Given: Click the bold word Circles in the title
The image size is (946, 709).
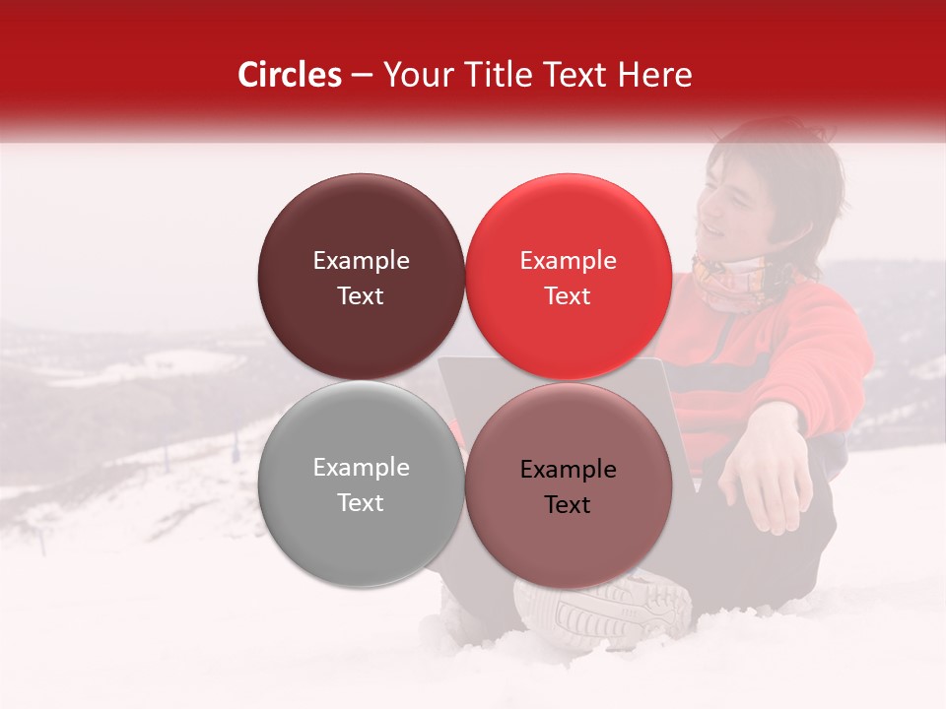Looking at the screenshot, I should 290,75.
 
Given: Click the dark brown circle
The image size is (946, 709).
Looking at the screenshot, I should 361,277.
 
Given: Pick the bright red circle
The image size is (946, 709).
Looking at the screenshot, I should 568,277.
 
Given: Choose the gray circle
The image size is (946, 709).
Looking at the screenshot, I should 361,483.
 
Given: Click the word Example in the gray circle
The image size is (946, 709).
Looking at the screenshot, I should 361,468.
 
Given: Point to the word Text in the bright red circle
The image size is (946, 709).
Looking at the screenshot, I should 568,296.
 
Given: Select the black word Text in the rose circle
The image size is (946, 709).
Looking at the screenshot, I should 568,505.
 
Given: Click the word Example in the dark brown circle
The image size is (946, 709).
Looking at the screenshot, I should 361,261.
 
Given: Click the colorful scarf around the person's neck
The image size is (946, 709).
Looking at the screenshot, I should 734,281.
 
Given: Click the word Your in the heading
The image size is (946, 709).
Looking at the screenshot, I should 412,75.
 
